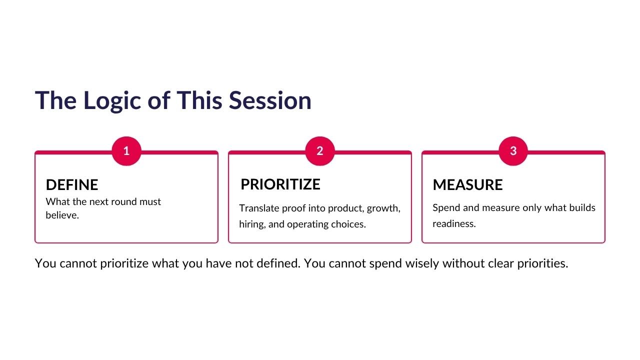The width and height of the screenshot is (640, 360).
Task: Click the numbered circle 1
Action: click(126, 151)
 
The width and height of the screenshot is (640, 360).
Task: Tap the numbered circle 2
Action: click(320, 151)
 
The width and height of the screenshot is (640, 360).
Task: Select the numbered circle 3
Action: click(513, 151)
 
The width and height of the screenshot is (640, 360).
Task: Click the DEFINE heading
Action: click(72, 184)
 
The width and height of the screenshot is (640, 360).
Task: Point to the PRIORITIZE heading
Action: click(280, 184)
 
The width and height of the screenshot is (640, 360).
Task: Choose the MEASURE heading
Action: click(467, 184)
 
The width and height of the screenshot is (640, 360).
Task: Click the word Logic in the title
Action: click(112, 100)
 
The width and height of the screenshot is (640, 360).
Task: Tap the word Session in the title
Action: click(270, 100)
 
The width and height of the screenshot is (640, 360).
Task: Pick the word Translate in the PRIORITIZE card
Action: click(259, 208)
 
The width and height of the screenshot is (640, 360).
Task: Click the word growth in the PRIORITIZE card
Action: click(383, 208)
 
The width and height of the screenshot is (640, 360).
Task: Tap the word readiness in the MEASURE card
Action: click(454, 223)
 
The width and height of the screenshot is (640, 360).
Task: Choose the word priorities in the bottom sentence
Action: click(542, 263)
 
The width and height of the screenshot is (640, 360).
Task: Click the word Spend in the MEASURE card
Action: click(446, 208)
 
